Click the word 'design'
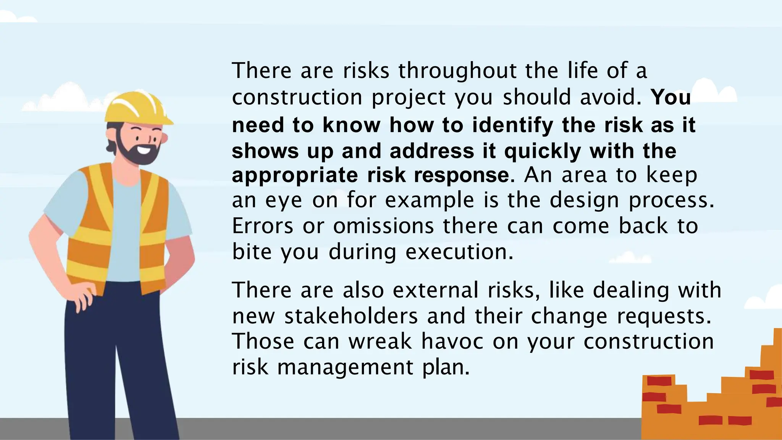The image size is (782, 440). (x=584, y=200)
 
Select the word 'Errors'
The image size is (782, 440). (x=263, y=226)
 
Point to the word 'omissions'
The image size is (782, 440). (x=383, y=226)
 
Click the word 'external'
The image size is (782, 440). (x=435, y=290)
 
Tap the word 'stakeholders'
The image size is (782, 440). (x=351, y=316)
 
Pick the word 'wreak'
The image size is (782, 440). (x=380, y=341)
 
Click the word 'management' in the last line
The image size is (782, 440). (x=345, y=367)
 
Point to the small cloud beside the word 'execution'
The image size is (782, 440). (x=630, y=257)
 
